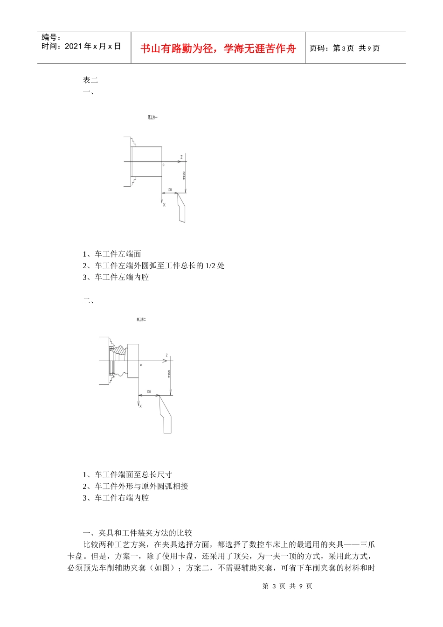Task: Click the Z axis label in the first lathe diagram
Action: (181, 157)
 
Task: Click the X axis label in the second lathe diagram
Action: (141, 406)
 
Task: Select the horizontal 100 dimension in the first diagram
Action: (169, 190)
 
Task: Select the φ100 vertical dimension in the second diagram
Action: (169, 374)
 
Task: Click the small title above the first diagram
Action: (152, 118)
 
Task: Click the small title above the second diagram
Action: (141, 320)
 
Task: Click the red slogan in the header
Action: (218, 49)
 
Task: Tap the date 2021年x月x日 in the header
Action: (93, 46)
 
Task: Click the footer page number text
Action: (287, 586)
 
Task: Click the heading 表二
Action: (90, 80)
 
